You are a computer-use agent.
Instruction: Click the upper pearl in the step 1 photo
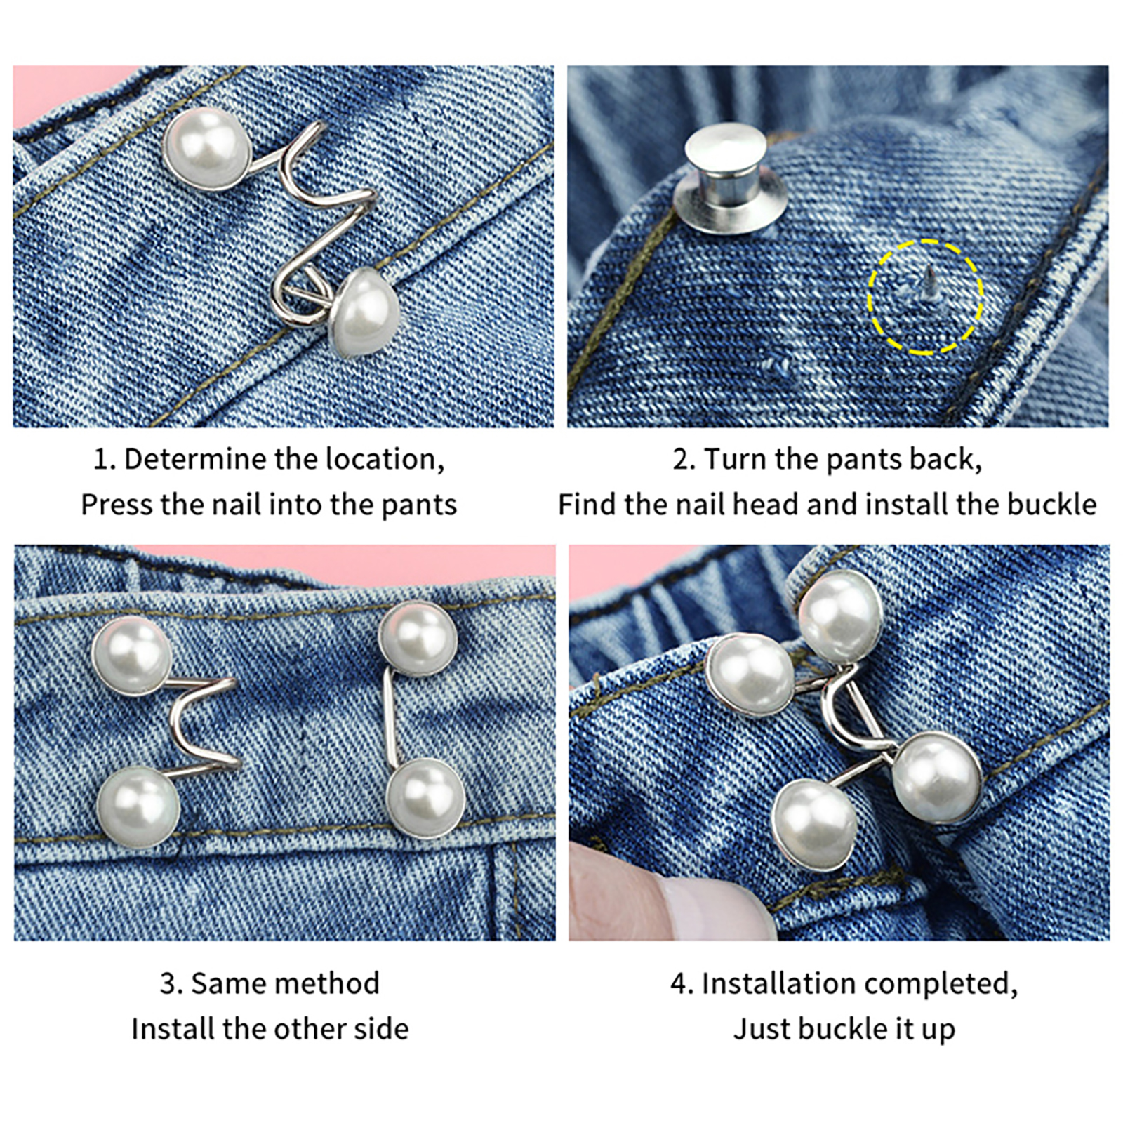[x=205, y=149]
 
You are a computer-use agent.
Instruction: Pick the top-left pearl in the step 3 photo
[x=132, y=656]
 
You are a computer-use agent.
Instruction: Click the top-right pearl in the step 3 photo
[x=418, y=639]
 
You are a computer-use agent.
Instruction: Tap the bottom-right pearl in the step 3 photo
[x=425, y=799]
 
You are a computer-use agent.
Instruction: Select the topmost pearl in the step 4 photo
[x=839, y=616]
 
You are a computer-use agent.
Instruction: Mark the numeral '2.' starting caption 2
[x=683, y=460]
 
